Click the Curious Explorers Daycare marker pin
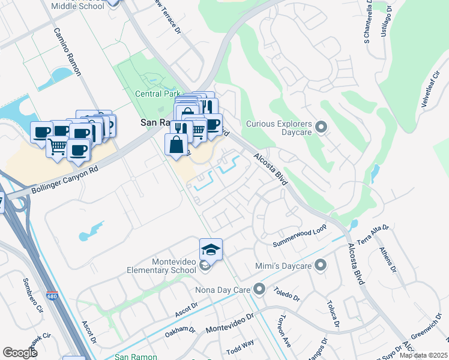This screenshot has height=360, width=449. coord(321,126)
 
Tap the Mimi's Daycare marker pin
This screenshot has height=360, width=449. coord(321,265)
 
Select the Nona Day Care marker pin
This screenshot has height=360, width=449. coord(259,290)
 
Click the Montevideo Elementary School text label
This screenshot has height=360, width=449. coord(161,266)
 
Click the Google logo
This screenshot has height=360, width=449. coord(20,352)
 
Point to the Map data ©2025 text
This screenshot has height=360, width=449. coord(424,356)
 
